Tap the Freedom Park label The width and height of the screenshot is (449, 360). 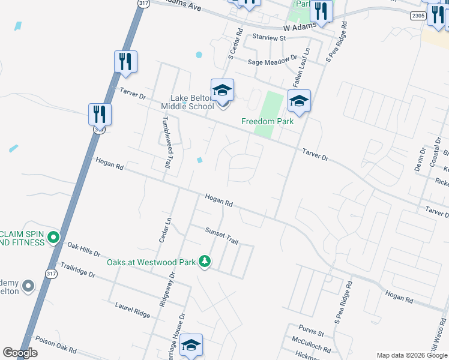tap(267, 121)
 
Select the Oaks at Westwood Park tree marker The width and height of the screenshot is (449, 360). tap(205, 262)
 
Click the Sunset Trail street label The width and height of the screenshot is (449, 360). tap(221, 236)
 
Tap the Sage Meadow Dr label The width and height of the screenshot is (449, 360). tap(273, 61)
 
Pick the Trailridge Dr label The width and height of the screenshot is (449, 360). tap(78, 269)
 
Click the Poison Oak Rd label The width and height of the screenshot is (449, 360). tap(56, 343)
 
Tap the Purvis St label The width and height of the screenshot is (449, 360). tap(312, 332)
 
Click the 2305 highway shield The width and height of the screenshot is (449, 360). tap(419, 16)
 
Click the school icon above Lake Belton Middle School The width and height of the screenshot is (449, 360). tap(222, 90)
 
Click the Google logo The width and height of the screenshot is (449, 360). tap(20, 353)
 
